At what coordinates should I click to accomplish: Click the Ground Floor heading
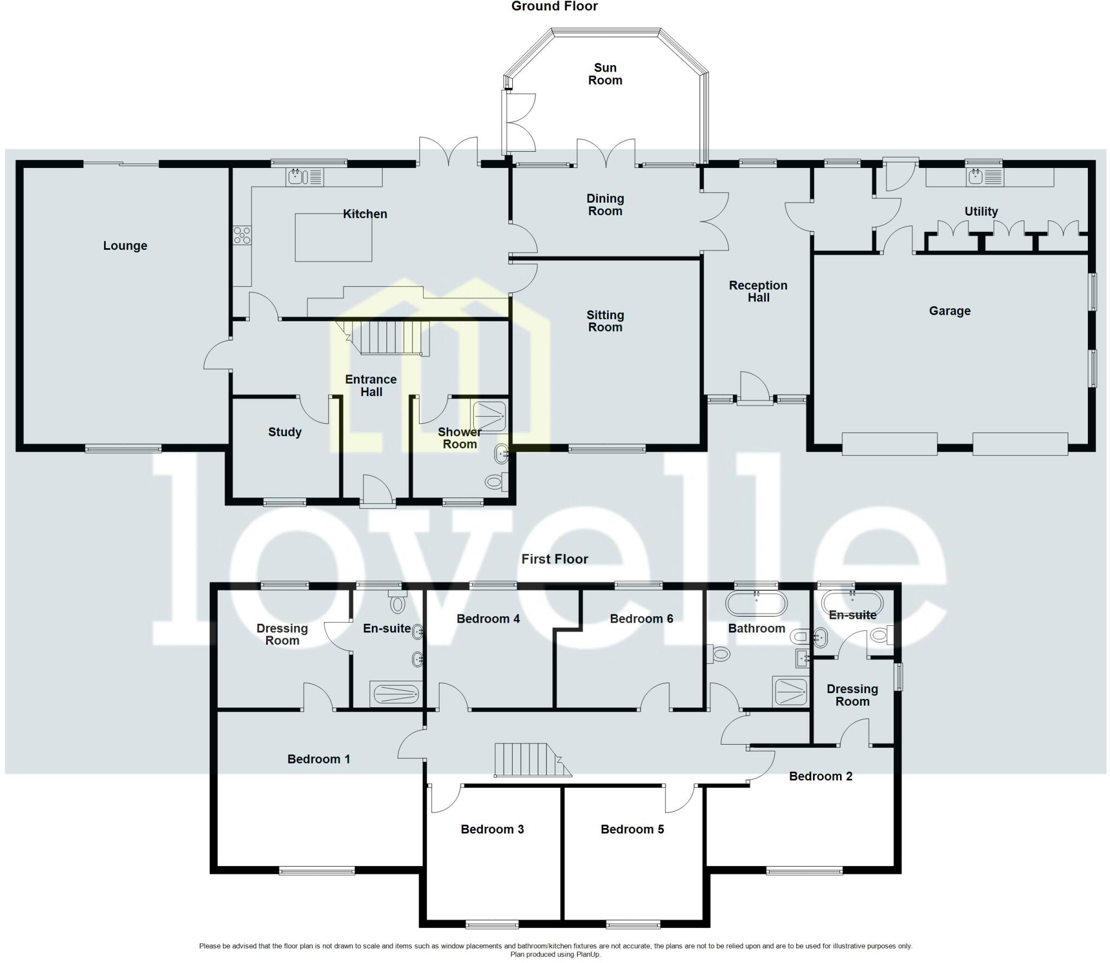[x=554, y=7]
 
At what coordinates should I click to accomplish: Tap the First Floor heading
[x=554, y=559]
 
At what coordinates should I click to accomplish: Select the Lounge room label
[x=125, y=245]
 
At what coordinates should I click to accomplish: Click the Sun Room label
[x=605, y=74]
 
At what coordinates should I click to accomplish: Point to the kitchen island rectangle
[x=333, y=237]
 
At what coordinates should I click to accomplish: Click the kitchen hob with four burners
[x=242, y=235]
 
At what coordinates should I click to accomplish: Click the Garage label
[x=950, y=311]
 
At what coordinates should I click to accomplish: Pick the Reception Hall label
[x=758, y=291]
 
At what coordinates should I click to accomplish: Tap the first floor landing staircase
[x=528, y=760]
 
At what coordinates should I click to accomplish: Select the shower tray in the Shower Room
[x=489, y=416]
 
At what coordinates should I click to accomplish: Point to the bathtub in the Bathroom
[x=756, y=604]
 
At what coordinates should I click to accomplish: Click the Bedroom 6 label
[x=641, y=619]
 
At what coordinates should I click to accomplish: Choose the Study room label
[x=285, y=432]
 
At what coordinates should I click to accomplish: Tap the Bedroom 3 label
[x=492, y=829]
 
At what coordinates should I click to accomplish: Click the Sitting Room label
[x=605, y=321]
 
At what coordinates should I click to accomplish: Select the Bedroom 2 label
[x=821, y=776]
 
